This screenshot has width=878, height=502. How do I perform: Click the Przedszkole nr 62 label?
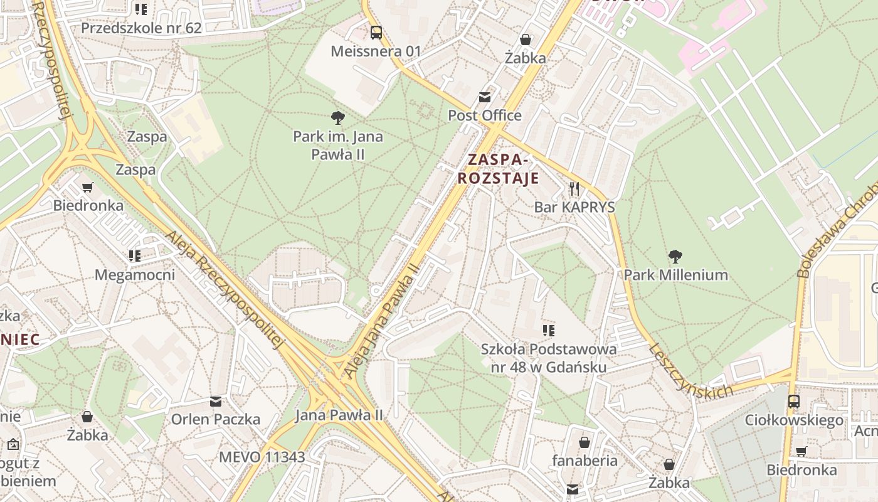click(141, 28)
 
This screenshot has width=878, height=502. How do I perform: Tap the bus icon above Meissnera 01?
click(376, 33)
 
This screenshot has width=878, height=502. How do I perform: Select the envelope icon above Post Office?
click(485, 97)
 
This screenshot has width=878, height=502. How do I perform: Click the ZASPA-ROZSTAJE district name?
click(498, 169)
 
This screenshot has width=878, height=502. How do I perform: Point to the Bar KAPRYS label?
click(574, 207)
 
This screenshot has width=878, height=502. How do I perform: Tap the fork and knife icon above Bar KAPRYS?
click(574, 188)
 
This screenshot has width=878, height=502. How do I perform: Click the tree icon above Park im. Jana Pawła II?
click(337, 117)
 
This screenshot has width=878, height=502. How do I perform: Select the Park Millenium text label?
click(675, 275)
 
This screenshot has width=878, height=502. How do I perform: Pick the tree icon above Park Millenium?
click(675, 256)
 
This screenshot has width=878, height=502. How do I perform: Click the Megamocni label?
click(135, 275)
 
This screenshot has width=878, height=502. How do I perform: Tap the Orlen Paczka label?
click(216, 419)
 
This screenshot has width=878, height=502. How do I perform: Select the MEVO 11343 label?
click(262, 457)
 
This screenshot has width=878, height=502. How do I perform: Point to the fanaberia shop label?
click(584, 461)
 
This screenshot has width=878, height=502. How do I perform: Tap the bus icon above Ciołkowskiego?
click(793, 401)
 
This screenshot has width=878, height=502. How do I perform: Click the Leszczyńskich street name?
click(690, 371)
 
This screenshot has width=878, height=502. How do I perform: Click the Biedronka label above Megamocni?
click(88, 205)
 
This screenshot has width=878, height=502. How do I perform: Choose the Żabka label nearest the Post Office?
click(526, 58)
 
